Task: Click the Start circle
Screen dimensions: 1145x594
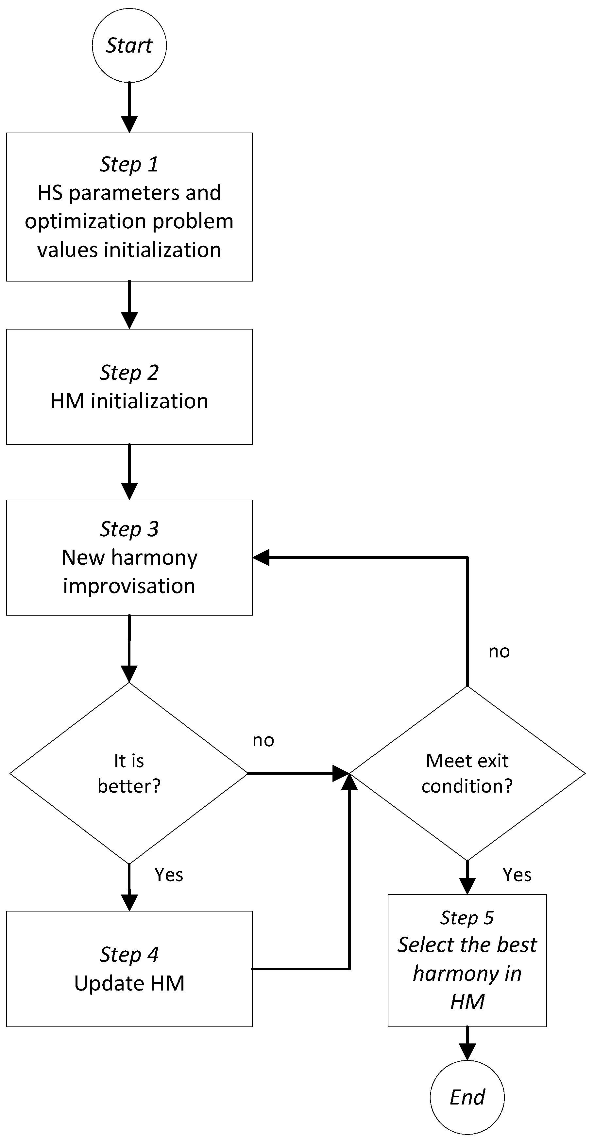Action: (x=129, y=45)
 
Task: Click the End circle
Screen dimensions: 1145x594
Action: (x=467, y=1097)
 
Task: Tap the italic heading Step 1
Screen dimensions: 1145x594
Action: (x=129, y=164)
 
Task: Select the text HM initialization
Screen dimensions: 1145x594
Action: (x=129, y=401)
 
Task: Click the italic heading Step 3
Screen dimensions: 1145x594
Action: (x=129, y=529)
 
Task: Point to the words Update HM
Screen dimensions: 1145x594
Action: (x=129, y=983)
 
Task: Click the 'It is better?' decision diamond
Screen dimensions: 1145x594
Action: (x=129, y=773)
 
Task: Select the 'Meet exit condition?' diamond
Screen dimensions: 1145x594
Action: (x=467, y=773)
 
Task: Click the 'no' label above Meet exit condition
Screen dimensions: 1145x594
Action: (x=499, y=652)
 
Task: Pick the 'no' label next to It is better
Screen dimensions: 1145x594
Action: (x=263, y=740)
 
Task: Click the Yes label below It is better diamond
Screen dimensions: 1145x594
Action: (x=169, y=875)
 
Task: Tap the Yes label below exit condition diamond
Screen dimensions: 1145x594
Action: (x=517, y=875)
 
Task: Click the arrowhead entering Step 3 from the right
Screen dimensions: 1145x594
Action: (x=262, y=557)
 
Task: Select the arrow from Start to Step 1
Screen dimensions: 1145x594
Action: (x=129, y=107)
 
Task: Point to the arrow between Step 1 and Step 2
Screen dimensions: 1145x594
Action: (x=129, y=304)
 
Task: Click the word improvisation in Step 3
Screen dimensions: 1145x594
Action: (x=129, y=586)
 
